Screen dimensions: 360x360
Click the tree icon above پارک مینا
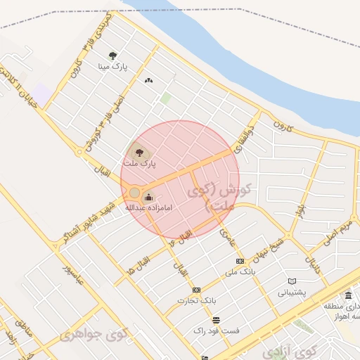(x=113, y=56)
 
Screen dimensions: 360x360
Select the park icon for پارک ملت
(x=138, y=151)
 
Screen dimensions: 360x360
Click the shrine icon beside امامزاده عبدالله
(x=148, y=197)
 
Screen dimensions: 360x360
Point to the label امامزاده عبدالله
(x=149, y=208)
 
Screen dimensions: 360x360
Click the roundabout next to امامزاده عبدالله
(x=134, y=192)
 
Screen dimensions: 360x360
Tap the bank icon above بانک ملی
(x=241, y=260)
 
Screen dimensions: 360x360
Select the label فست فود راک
(x=217, y=330)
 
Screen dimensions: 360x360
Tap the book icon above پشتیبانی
(x=292, y=282)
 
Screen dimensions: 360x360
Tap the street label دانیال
(x=311, y=264)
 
